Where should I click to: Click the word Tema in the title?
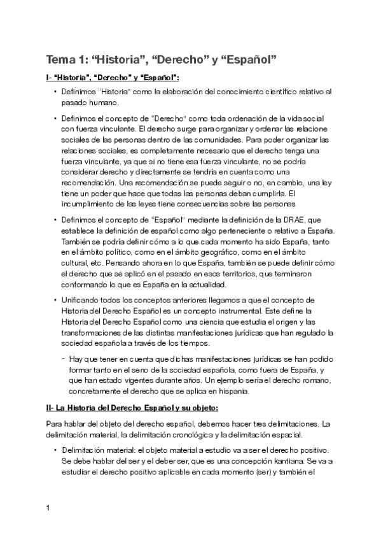[x=60, y=60]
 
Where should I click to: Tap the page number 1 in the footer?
[x=48, y=509]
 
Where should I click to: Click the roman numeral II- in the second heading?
[x=50, y=407]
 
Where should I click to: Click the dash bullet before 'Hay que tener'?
[x=64, y=359]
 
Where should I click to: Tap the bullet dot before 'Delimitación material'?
[x=56, y=450]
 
